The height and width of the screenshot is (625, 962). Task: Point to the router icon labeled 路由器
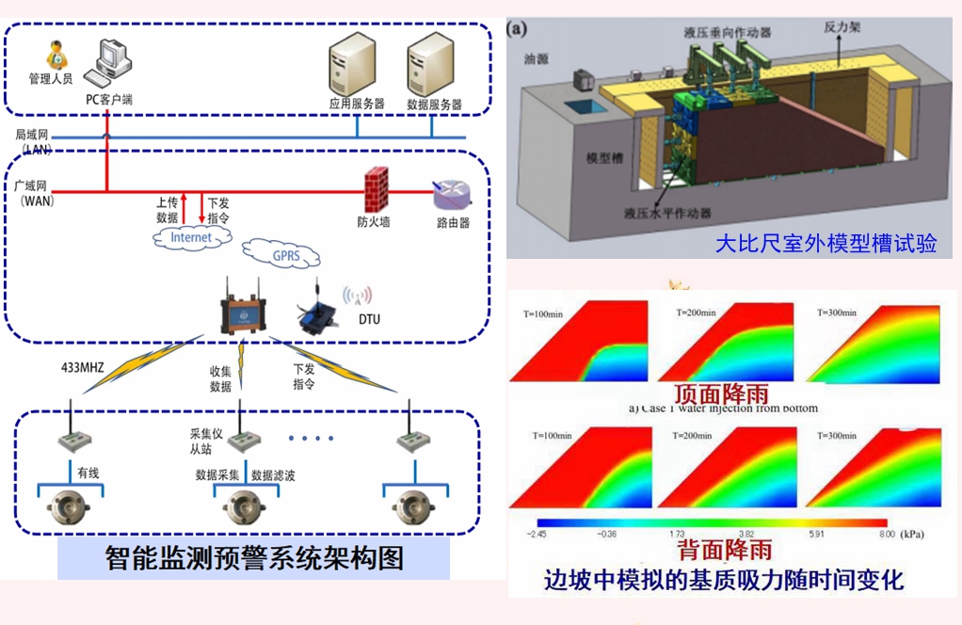(451, 196)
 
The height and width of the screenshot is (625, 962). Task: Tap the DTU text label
(370, 320)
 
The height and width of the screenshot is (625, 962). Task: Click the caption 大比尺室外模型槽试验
(826, 244)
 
